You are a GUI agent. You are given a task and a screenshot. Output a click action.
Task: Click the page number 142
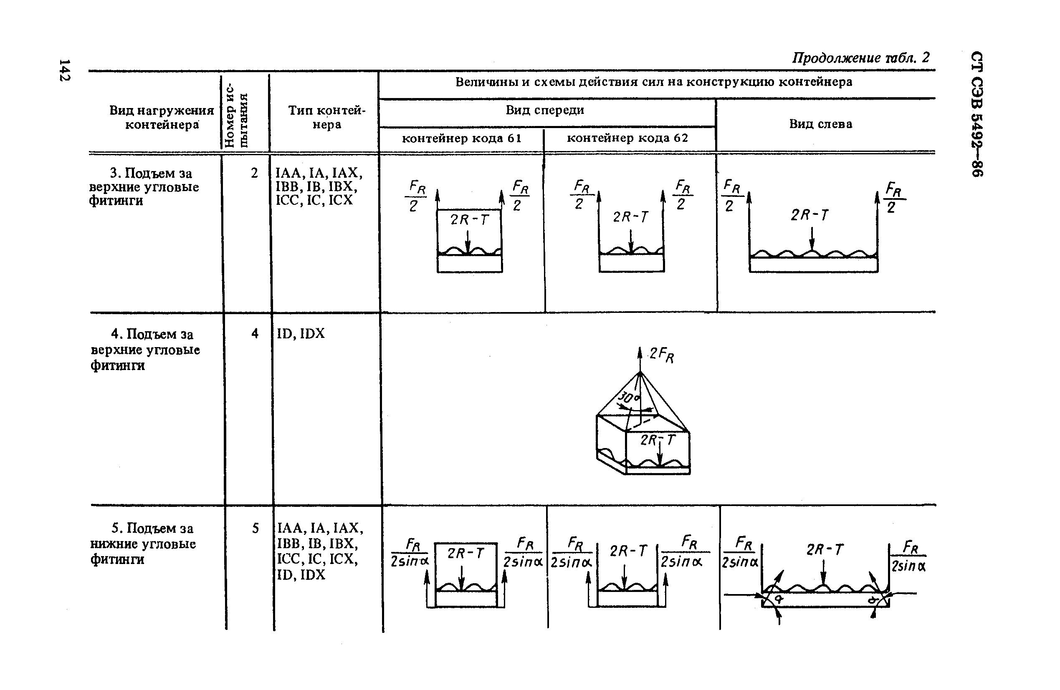(65, 70)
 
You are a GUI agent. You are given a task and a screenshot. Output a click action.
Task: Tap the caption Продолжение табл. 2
(860, 58)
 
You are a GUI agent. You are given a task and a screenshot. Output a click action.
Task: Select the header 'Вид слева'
(821, 124)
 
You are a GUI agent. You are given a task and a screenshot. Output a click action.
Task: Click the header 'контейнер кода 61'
(461, 139)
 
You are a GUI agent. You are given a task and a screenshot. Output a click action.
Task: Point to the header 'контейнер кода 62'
(627, 138)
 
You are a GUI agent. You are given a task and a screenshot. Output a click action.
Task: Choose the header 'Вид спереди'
(545, 110)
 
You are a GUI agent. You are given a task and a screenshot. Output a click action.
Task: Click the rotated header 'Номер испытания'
(236, 114)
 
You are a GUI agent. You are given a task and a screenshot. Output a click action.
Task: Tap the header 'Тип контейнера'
(326, 117)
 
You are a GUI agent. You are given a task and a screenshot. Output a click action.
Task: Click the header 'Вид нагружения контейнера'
(162, 117)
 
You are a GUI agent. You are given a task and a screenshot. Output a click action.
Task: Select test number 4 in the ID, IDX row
(255, 333)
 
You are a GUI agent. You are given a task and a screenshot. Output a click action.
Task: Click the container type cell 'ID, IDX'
(301, 333)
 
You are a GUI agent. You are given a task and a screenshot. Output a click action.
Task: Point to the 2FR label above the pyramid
(661, 355)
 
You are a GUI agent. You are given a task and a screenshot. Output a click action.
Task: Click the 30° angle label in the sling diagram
(628, 398)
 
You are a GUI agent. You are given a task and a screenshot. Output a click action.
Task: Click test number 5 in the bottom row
(255, 528)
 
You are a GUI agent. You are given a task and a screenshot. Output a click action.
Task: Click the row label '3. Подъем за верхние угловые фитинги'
(144, 186)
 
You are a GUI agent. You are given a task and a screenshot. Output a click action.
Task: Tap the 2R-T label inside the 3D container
(658, 440)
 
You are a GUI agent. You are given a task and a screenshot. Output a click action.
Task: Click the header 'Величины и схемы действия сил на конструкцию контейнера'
(654, 82)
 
